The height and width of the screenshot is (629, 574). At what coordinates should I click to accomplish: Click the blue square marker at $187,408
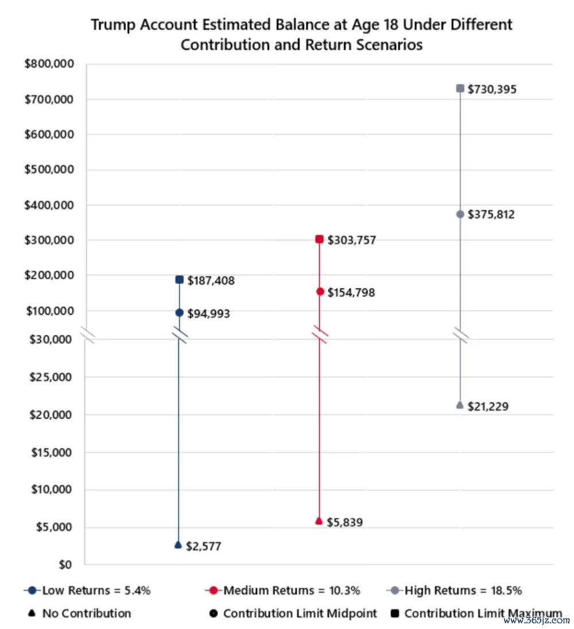click(x=180, y=280)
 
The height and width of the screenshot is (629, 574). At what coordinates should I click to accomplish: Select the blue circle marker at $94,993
click(x=180, y=312)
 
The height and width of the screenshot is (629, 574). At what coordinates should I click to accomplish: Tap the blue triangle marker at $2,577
click(x=179, y=545)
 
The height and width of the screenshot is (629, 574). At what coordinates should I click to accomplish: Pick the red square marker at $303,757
click(x=319, y=239)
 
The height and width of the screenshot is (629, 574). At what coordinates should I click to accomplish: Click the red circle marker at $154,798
click(x=320, y=291)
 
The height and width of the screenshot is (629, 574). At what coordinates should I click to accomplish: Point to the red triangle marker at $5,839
click(x=319, y=521)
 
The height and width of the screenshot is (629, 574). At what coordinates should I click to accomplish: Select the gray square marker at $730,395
click(x=460, y=88)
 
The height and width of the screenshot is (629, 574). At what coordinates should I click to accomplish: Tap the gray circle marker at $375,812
click(x=460, y=214)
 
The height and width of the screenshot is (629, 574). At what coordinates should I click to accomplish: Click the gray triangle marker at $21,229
click(x=460, y=405)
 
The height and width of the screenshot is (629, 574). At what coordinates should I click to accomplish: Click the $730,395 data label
click(x=492, y=89)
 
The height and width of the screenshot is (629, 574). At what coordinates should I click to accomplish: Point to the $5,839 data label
click(x=344, y=522)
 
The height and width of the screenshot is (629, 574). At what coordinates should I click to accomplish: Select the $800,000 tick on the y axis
click(x=49, y=64)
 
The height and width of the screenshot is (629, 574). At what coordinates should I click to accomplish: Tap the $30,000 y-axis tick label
click(x=51, y=339)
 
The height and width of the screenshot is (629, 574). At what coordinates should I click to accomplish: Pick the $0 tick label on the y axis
click(x=65, y=564)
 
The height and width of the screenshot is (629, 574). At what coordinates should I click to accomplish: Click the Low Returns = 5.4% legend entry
click(x=87, y=591)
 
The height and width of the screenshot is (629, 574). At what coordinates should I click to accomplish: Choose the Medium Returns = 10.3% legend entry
click(x=282, y=591)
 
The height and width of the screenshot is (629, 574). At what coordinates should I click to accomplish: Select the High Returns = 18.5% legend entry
click(x=454, y=591)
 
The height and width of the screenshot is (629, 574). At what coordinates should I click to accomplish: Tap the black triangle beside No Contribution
click(x=32, y=613)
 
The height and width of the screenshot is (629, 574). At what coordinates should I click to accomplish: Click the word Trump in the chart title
click(x=113, y=25)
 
